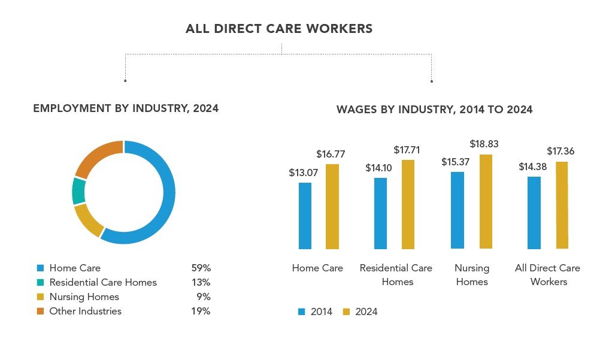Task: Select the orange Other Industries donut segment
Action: coord(95,155)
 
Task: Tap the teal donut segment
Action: coord(78,191)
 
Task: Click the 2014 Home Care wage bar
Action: coord(305,216)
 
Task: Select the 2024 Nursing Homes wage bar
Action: coord(486,201)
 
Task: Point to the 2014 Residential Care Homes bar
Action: coord(380,213)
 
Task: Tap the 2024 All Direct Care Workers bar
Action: coord(562,205)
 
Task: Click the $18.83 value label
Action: coord(484,144)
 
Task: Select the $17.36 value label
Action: coord(561,151)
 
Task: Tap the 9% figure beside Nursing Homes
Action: coord(204,297)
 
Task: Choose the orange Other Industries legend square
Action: coord(41,311)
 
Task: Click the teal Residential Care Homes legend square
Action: coord(41,283)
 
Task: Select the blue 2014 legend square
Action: coord(302,311)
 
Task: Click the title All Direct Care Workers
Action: coord(279,29)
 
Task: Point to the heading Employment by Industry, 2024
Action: coord(126,108)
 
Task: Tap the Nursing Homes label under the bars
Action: coord(472,274)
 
